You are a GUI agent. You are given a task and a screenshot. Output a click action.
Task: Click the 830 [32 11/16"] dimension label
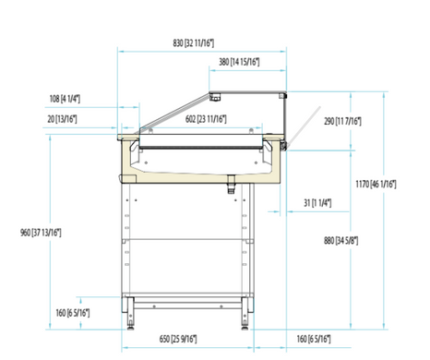[x=193, y=43]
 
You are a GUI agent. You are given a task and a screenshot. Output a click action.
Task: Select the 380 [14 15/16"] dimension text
[x=239, y=62]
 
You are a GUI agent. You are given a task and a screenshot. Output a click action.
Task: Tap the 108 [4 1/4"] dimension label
[x=65, y=99]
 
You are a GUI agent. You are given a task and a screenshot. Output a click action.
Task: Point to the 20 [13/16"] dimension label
[x=62, y=119]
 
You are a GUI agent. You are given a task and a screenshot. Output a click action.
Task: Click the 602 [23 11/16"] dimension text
[x=206, y=119]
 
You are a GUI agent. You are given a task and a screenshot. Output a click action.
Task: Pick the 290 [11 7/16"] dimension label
[x=342, y=121]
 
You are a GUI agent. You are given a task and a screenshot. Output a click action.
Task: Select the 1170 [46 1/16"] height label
[x=376, y=184]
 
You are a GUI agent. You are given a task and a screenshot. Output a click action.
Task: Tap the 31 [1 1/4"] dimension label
[x=317, y=203]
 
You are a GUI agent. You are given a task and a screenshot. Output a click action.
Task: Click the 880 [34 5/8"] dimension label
[x=340, y=240]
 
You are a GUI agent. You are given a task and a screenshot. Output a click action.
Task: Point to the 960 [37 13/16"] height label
[x=41, y=233]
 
